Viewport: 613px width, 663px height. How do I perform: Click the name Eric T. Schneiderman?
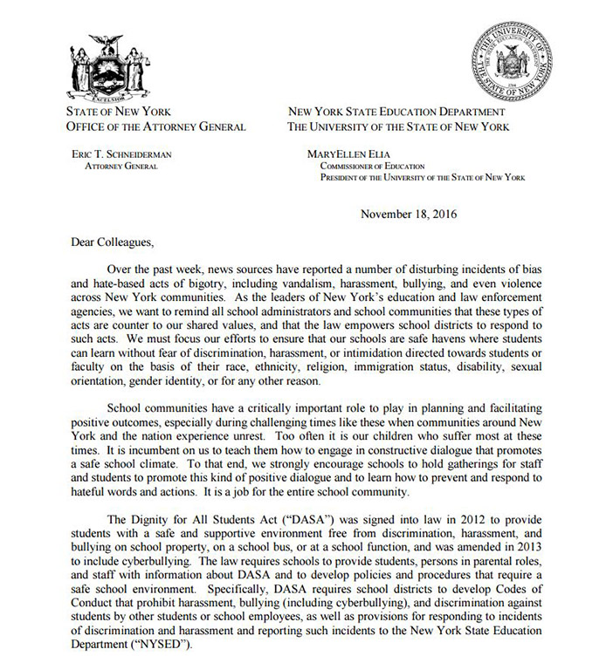click(125, 154)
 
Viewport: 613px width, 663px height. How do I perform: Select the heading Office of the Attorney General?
click(155, 127)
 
